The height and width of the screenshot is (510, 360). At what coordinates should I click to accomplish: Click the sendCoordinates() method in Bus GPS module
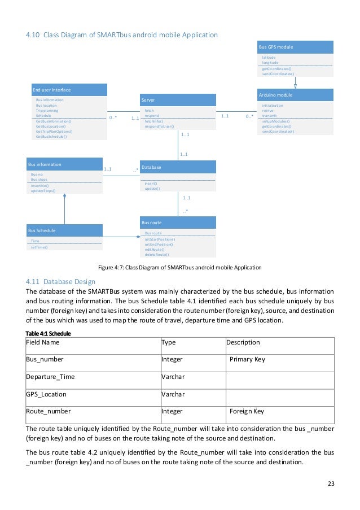[278, 73]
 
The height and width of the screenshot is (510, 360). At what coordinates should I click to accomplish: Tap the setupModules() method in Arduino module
[276, 121]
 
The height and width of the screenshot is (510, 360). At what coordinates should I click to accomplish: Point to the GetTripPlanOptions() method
[58, 132]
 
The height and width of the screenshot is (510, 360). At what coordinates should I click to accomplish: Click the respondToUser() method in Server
[159, 127]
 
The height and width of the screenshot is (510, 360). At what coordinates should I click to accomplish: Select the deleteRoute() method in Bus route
[156, 254]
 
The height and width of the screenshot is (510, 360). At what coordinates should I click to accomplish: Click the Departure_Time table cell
[50, 377]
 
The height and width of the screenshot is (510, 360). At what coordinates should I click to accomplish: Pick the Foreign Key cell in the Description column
[247, 411]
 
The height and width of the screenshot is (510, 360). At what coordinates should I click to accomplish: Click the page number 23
[330, 484]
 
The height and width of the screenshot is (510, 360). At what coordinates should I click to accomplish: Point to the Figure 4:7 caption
[179, 267]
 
